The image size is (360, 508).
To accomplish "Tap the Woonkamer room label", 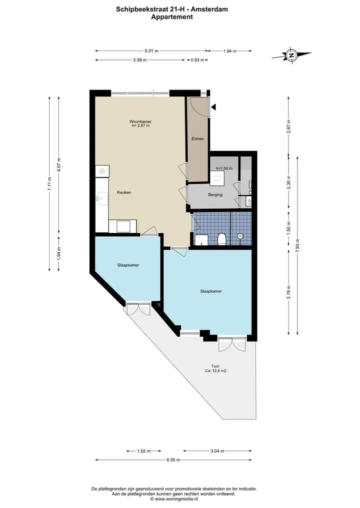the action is tap(140, 122).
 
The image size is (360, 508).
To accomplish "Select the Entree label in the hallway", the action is tap(197, 139).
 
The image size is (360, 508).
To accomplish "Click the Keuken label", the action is tap(124, 192).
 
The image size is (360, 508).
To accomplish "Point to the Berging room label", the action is tap(215, 195).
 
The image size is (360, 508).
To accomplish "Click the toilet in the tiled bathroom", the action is tap(222, 239).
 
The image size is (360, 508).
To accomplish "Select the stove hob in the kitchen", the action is tap(102, 171).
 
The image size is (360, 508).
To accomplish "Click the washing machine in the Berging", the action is tap(215, 179).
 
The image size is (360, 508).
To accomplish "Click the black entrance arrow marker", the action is tap(213, 107).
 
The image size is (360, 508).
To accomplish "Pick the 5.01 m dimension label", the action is tap(151, 51).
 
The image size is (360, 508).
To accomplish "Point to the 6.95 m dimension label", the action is tap(173, 460).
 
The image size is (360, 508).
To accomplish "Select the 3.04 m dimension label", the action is tap(217, 451).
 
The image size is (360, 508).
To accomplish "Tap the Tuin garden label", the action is tap(215, 367).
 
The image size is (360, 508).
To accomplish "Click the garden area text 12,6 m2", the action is tap(219, 371).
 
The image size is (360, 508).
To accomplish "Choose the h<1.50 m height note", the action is tap(224, 168).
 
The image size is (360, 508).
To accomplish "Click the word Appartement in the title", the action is tap(172, 17).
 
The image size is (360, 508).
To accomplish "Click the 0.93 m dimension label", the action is tap(197, 60).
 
